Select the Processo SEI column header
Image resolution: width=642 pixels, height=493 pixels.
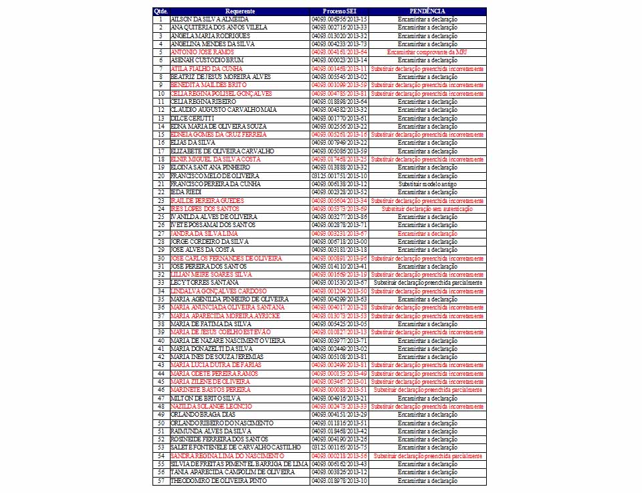339,11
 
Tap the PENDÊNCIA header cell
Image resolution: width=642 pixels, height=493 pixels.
427,11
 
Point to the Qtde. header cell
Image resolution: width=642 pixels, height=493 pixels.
160,11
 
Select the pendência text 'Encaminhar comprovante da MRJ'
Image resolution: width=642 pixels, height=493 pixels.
427,52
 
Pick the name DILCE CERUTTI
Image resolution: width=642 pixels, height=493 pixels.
193,118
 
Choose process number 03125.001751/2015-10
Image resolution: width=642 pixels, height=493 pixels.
339,175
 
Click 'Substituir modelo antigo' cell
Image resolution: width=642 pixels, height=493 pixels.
427,184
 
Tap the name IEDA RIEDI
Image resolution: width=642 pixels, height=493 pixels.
187,192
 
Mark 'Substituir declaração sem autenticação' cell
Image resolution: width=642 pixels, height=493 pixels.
427,208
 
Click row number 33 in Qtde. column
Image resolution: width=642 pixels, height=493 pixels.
160,283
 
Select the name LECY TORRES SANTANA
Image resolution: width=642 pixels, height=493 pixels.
203,283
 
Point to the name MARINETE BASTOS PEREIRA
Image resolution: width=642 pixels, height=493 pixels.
210,390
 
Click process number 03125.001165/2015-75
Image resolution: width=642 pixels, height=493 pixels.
339,447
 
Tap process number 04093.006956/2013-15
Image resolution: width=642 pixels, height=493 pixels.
339,19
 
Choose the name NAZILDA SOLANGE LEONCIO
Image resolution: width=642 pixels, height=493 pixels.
211,407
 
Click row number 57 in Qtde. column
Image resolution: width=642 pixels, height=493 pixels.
160,480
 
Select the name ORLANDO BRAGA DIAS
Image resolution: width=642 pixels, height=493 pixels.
203,415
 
